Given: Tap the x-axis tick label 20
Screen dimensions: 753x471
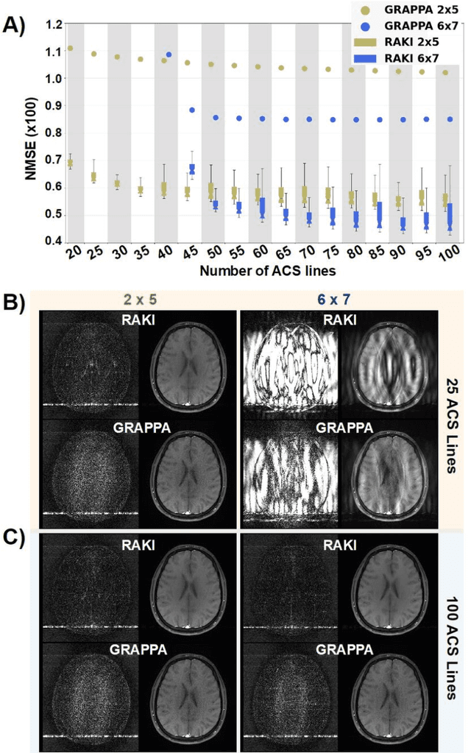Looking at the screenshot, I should [x=73, y=255].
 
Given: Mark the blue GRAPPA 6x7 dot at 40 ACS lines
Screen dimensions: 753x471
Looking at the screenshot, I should [x=169, y=54].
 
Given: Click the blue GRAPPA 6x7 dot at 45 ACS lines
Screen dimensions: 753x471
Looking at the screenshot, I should [x=192, y=110].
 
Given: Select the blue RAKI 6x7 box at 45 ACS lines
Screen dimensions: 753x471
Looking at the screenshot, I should [x=192, y=169].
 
